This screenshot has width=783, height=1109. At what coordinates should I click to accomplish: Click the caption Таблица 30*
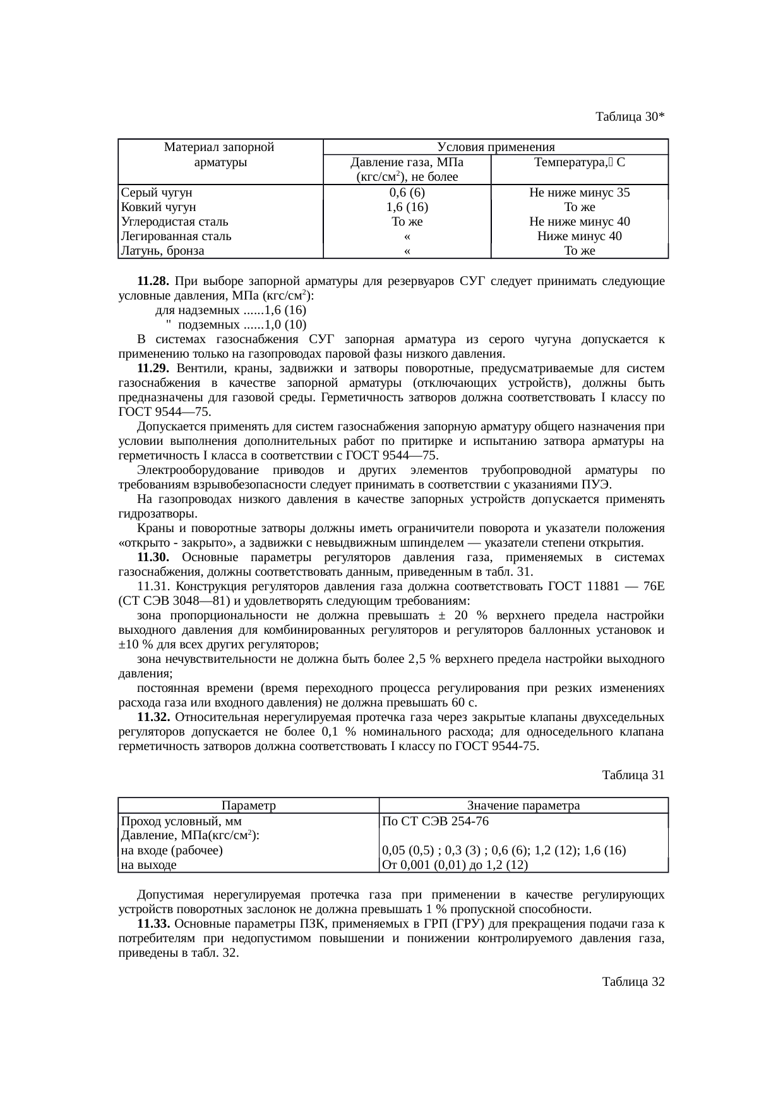coord(630,117)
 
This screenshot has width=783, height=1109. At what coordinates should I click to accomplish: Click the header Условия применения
coord(495,147)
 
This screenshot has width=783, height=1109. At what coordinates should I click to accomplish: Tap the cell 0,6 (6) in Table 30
coord(407,193)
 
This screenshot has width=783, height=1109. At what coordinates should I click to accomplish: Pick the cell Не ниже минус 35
coord(579,193)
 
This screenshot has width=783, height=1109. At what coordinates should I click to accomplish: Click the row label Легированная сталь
coord(176,236)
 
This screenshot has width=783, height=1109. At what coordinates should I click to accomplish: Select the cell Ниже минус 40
coord(579,236)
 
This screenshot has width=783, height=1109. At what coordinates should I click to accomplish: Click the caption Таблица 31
coord(633,775)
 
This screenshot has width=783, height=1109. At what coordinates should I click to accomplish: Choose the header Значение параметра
coord(523,806)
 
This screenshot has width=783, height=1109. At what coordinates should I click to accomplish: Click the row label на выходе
coord(148,864)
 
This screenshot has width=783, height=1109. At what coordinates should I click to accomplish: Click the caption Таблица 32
coord(633,982)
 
